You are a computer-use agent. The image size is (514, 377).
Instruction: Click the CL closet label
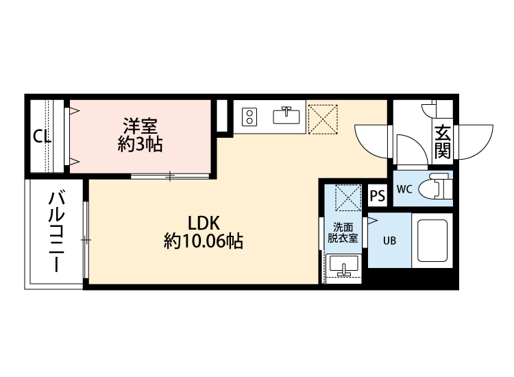pos(42,136)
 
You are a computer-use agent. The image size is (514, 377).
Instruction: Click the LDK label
pos(204,223)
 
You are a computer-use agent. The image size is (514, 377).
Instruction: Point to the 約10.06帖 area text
pos(204,241)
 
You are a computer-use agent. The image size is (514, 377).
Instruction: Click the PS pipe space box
pos(378,196)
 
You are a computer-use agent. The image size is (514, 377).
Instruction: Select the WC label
pos(404,190)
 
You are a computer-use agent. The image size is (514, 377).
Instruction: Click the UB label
pos(389,241)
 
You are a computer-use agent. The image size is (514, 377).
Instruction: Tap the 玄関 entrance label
pos(443,141)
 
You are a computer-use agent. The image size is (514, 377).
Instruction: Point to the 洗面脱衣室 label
pos(341,233)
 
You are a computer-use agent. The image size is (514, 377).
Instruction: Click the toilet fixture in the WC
pos(436,188)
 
